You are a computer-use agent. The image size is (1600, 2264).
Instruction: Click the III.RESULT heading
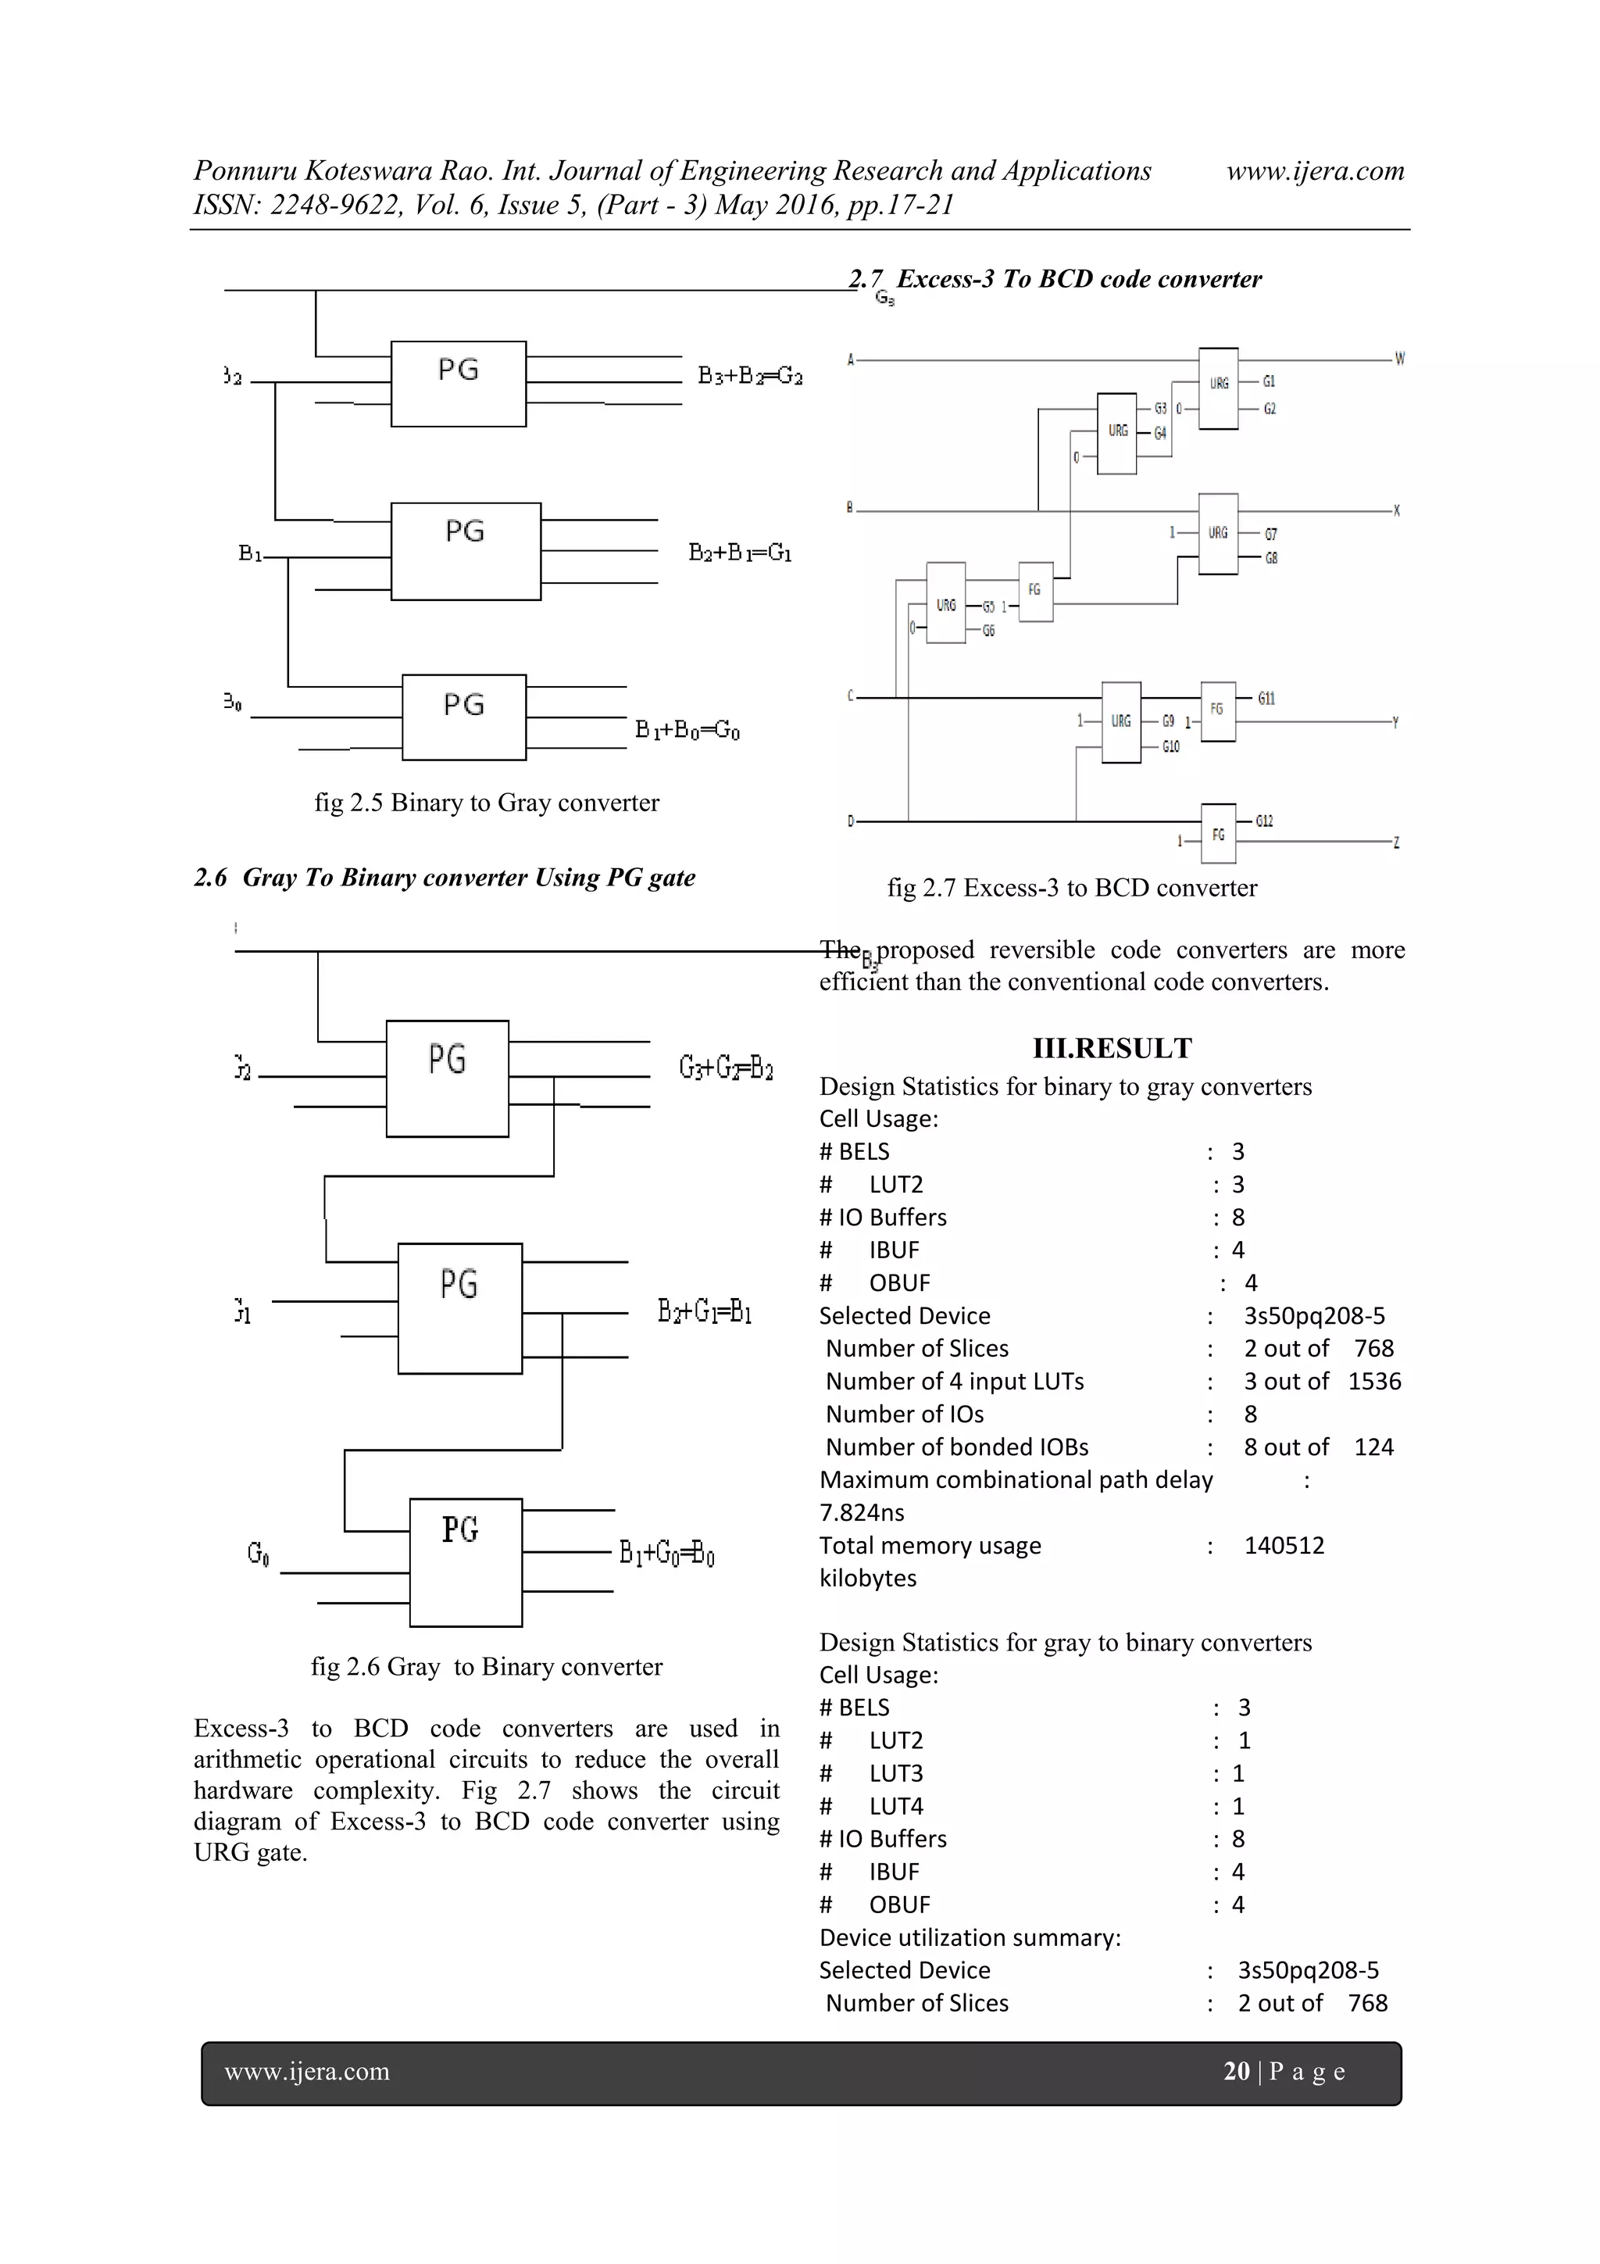1111,1048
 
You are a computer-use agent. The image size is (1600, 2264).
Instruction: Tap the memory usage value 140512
1284,1545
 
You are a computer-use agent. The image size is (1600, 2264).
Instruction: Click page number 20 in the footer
1236,2071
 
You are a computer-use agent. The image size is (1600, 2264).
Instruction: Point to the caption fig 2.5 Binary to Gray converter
486,803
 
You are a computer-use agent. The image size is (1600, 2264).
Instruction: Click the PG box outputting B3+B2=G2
459,384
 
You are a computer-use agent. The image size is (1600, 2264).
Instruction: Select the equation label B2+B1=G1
739,553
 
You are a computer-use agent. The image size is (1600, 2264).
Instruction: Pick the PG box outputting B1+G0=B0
466,1562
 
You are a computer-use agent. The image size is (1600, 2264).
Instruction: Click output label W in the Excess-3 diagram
1399,359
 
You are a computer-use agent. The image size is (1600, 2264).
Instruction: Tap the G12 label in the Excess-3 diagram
1264,821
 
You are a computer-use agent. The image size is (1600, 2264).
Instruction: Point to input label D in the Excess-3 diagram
851,821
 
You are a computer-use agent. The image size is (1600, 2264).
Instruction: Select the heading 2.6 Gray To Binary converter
445,878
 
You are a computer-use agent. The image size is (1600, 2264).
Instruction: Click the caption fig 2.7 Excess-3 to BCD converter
1072,889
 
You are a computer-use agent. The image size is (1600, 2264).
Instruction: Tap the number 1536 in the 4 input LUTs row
1374,1380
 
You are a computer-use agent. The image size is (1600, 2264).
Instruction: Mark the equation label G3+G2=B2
726,1068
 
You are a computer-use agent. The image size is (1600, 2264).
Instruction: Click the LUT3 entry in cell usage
895,1773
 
